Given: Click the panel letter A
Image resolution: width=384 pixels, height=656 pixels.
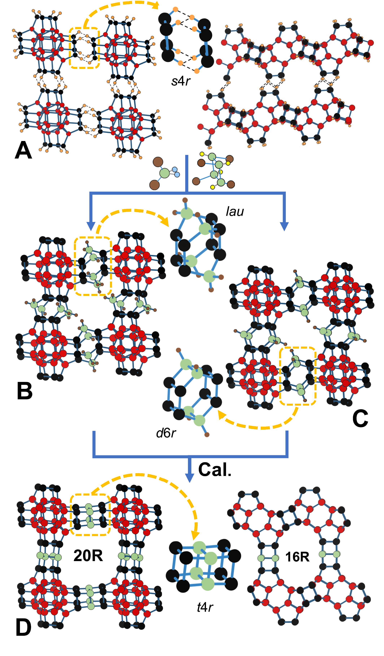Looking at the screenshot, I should [23, 150].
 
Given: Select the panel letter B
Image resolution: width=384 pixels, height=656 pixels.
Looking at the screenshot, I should [25, 391].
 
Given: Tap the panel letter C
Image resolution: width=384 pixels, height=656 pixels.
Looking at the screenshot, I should [360, 419].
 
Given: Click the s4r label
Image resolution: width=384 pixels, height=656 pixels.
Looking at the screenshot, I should [181, 81].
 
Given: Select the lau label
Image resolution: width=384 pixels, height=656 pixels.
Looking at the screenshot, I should [235, 211].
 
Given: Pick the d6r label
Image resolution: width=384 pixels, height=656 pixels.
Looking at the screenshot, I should [166, 433].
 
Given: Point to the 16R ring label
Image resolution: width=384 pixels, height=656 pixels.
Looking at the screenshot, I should [297, 557].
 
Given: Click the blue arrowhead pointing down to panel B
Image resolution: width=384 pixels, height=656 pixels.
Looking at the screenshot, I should [91, 226].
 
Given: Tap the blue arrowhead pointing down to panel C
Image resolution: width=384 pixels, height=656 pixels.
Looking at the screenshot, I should [284, 226].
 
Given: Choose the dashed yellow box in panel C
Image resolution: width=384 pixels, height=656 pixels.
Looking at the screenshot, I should [298, 376].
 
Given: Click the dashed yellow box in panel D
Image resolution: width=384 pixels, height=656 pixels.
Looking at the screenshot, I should [90, 515].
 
